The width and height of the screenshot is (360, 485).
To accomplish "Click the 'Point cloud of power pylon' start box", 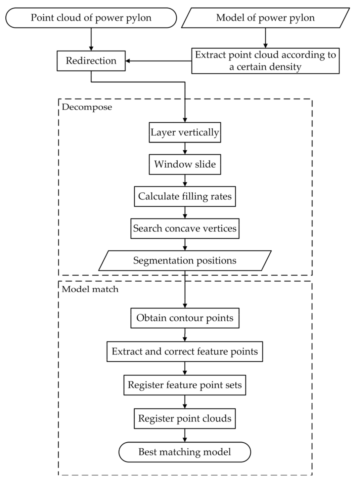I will (x=91, y=18).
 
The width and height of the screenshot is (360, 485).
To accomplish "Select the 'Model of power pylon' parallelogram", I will (x=265, y=18).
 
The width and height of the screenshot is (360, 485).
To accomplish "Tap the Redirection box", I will (x=91, y=61).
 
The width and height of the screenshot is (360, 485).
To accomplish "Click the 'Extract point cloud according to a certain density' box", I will (x=265, y=61).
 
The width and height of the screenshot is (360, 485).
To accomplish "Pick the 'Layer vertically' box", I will (x=185, y=133).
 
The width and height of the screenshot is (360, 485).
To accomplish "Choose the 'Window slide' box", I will (x=185, y=164).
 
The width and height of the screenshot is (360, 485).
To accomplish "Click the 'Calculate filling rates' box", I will (x=185, y=196).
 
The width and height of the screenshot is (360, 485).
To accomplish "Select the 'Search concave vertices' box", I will (x=185, y=228).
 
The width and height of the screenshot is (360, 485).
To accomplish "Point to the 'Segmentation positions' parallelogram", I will (x=185, y=261).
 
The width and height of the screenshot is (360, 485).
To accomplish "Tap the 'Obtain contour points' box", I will (x=185, y=318).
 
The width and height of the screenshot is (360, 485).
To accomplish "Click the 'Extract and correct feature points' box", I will (x=185, y=351).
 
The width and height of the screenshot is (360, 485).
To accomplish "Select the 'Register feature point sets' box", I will (x=185, y=385).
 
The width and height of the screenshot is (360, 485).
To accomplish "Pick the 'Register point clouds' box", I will (x=185, y=419).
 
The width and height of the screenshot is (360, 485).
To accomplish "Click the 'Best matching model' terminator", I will (x=185, y=452).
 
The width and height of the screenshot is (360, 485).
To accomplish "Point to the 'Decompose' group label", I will (x=87, y=107).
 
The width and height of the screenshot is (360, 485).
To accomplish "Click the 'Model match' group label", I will (x=90, y=289).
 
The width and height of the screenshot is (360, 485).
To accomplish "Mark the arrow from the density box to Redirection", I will (x=159, y=61).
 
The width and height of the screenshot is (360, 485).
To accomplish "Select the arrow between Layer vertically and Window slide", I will (x=185, y=148).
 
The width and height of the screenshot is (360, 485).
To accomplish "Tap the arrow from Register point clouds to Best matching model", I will (x=185, y=435).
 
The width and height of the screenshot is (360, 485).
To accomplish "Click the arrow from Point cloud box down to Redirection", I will (x=91, y=39).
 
